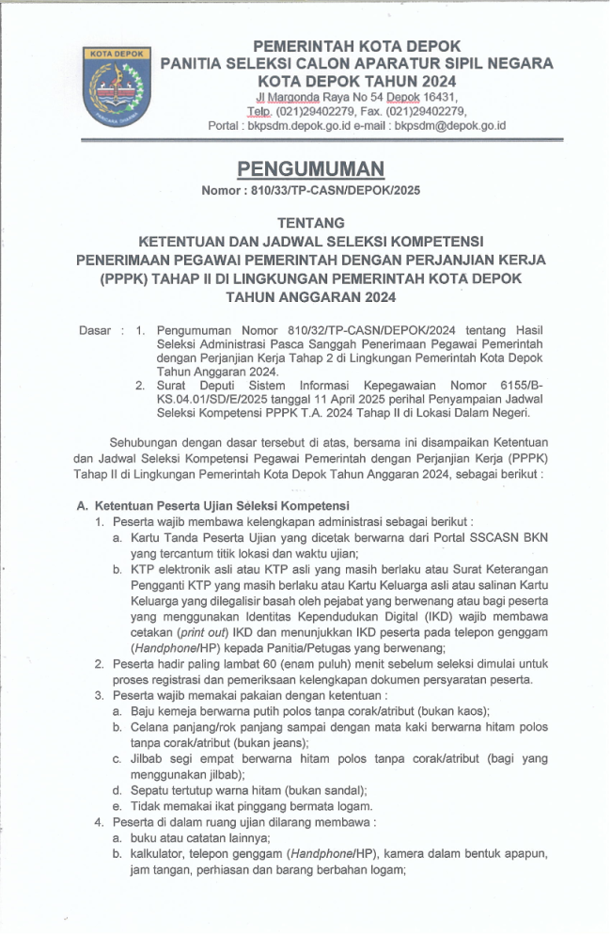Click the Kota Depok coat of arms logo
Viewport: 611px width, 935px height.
pos(117,87)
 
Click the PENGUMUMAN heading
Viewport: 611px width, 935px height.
pos(310,168)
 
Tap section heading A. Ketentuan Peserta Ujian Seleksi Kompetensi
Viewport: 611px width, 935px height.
pos(213,506)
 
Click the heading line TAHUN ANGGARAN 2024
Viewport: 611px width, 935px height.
pos(310,297)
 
